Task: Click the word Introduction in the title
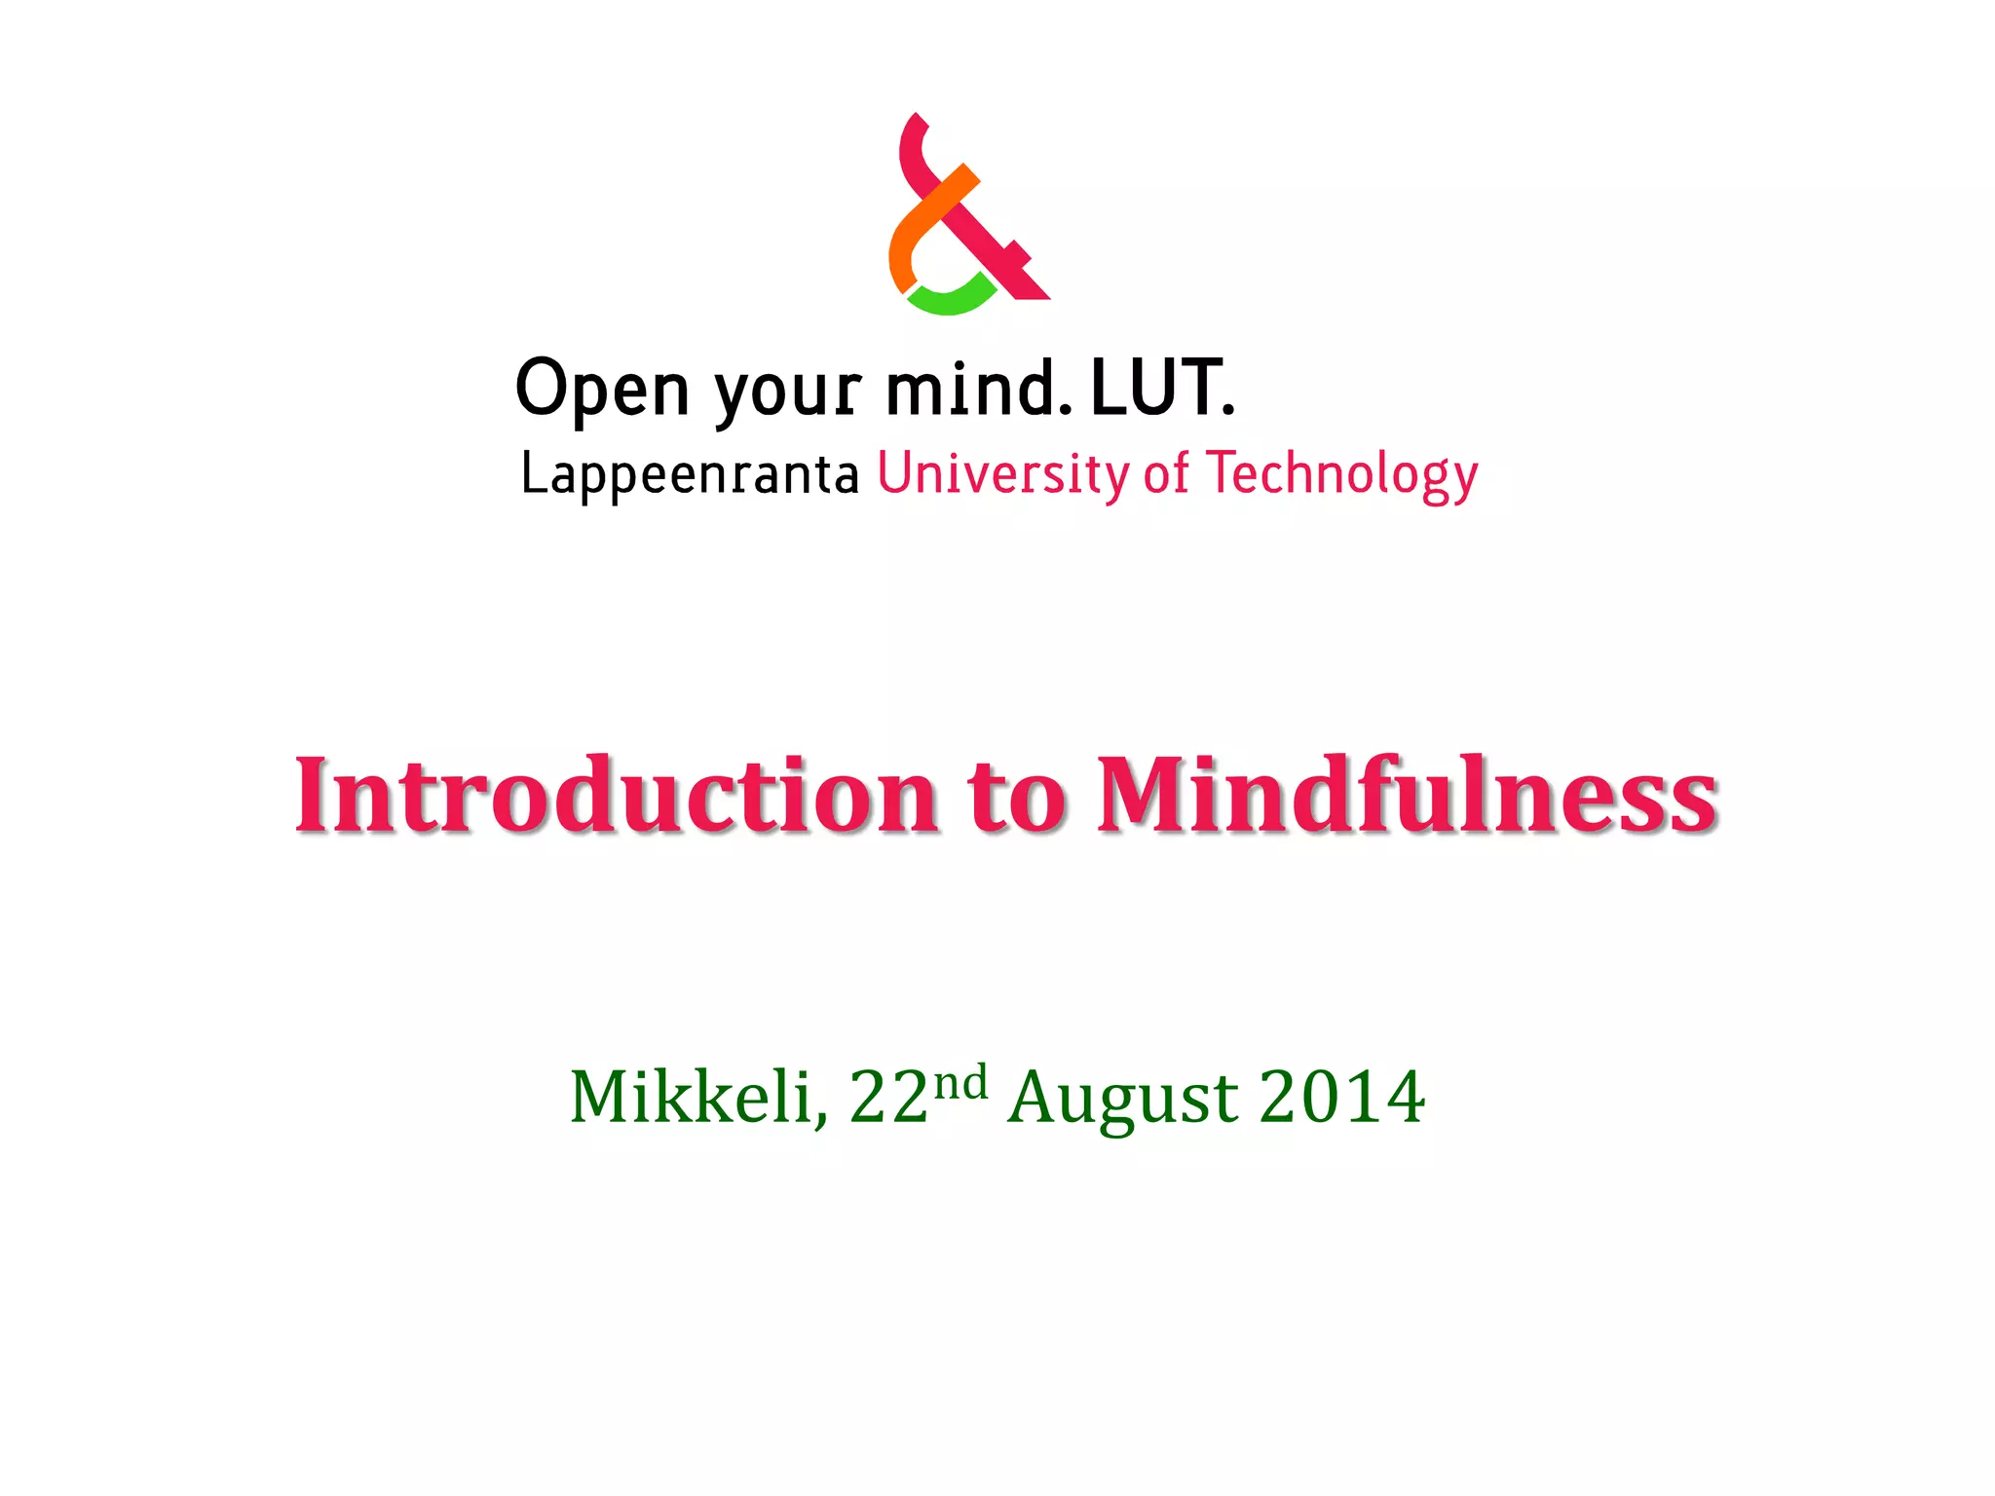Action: [616, 795]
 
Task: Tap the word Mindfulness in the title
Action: [1407, 795]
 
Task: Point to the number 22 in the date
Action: [888, 1099]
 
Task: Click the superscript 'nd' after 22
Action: [960, 1081]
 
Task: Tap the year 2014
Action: [1341, 1098]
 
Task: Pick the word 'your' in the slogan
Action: [788, 392]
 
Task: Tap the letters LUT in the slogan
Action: [1156, 388]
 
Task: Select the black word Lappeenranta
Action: [690, 474]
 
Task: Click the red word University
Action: [1003, 474]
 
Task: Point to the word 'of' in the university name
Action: [1166, 473]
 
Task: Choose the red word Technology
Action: [1341, 474]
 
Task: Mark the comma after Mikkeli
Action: [822, 1120]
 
